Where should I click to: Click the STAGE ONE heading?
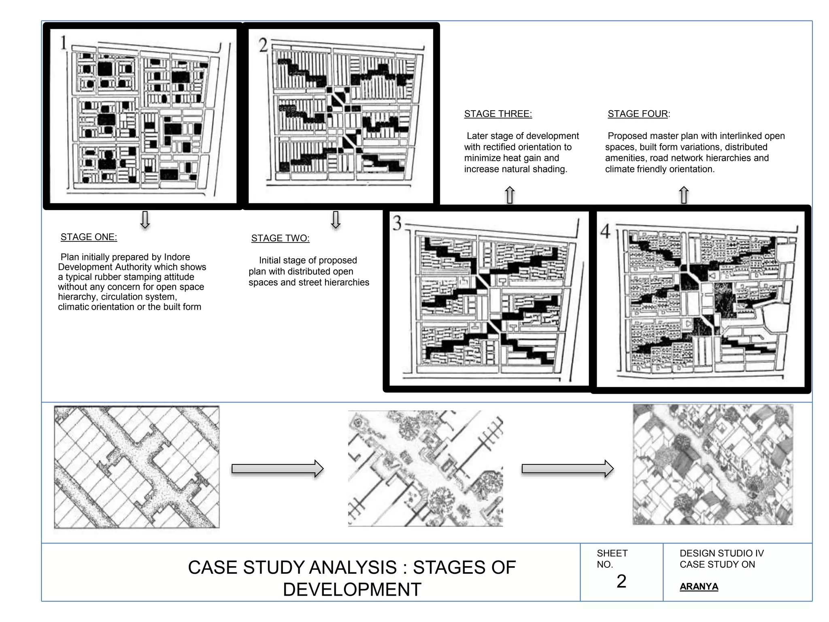point(89,237)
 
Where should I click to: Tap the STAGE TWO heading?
point(280,238)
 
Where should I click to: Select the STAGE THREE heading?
point(498,114)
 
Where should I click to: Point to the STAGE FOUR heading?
point(639,114)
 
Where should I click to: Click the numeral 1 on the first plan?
point(64,43)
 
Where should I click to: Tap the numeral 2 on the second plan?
point(264,45)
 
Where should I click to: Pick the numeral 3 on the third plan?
point(397,223)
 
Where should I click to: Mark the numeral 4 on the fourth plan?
point(605,231)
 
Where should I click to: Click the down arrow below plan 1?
point(145,219)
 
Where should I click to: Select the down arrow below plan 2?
point(336,219)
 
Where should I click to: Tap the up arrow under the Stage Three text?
point(510,195)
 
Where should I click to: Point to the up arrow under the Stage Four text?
point(684,195)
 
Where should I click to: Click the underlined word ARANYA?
point(699,586)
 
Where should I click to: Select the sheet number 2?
point(621,582)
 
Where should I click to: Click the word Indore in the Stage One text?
point(177,257)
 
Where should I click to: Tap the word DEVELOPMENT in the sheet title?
point(352,590)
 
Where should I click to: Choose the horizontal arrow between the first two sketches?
point(277,469)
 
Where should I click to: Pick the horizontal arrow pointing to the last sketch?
point(568,469)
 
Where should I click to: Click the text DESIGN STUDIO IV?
point(722,553)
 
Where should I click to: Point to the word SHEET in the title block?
point(612,553)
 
